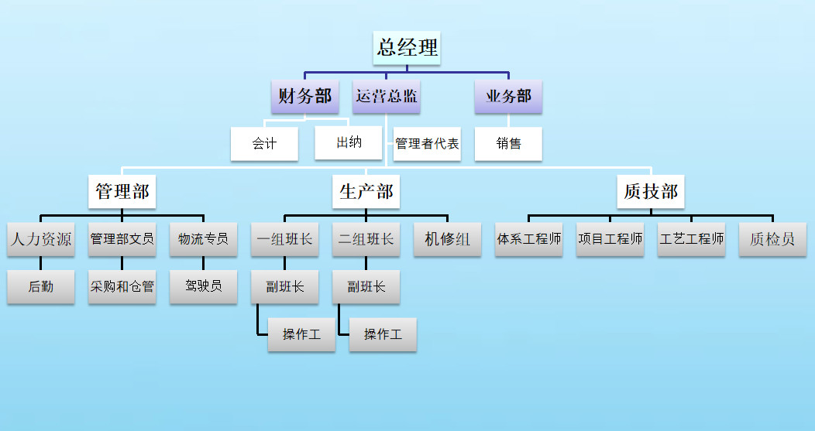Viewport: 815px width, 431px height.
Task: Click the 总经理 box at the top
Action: [407, 48]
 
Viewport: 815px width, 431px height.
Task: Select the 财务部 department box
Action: [305, 97]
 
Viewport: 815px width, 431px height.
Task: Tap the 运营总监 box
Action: [387, 97]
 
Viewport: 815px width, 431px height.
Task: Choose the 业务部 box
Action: [508, 97]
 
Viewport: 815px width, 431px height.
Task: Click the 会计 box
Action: [264, 144]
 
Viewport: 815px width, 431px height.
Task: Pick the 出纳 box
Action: [349, 143]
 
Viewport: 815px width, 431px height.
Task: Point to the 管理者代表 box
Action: [427, 144]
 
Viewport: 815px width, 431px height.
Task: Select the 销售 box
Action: [508, 144]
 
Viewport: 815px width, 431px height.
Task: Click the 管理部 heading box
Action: [122, 191]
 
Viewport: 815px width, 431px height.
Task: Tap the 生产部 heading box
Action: [366, 191]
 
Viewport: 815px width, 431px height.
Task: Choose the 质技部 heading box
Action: [651, 191]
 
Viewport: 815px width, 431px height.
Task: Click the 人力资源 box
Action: [41, 239]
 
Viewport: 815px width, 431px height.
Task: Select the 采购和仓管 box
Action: [122, 287]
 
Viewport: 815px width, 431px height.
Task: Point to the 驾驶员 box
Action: [204, 286]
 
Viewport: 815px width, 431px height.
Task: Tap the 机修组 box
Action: [447, 239]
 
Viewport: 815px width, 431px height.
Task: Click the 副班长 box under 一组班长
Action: [285, 287]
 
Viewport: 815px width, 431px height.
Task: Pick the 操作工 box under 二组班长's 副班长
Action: [383, 335]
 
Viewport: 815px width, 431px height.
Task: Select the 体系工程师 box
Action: [529, 239]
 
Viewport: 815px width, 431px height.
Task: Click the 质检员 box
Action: [772, 239]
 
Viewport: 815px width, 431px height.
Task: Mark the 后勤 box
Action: [41, 287]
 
